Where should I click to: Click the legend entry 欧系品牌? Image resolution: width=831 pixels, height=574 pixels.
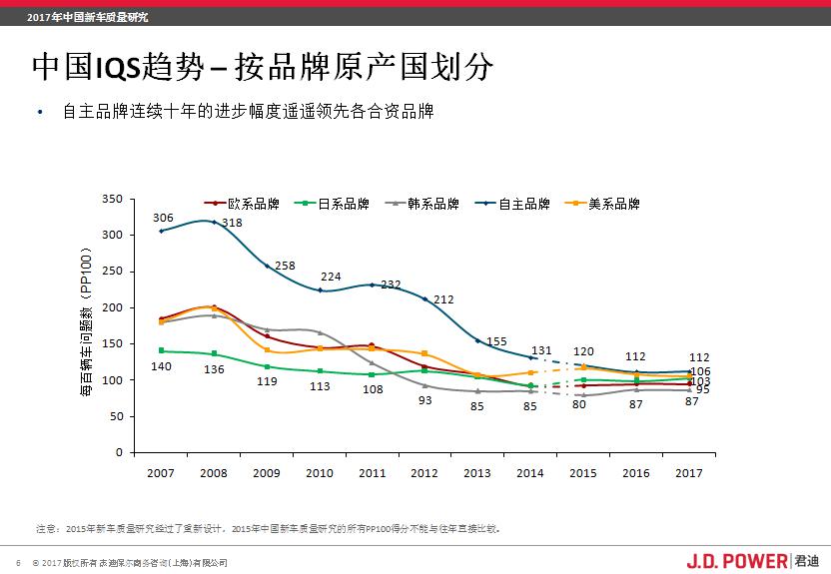241,204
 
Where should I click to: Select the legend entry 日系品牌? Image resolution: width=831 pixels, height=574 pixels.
331,204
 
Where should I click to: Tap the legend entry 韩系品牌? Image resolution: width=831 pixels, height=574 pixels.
420,204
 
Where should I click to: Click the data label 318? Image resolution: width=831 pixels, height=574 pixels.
232,223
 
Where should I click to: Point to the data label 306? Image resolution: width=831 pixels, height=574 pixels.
163,218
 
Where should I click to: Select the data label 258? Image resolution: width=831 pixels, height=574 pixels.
285,266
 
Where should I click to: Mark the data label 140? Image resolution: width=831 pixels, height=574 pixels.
162,366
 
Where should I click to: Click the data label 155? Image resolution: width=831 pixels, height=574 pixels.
496,341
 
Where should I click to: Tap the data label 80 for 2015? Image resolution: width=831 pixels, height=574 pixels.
579,404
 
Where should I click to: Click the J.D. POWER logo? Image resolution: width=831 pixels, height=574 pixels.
737,561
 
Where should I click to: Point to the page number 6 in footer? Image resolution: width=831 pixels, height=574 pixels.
18,562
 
